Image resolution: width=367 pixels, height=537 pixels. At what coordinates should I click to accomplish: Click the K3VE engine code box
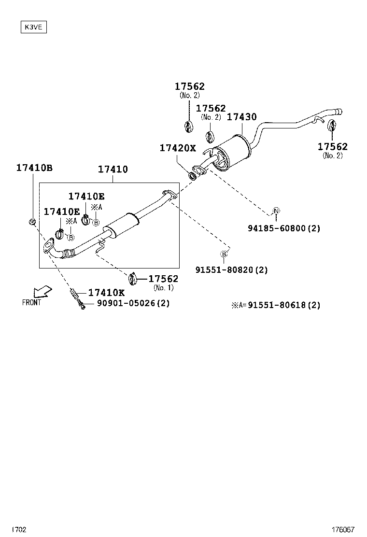point(33,27)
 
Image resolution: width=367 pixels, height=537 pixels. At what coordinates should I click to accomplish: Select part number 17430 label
point(241,117)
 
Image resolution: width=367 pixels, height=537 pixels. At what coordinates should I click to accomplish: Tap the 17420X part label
point(178,148)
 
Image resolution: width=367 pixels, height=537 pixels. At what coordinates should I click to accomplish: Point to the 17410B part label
point(34,168)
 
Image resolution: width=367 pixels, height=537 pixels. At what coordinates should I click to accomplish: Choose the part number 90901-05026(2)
point(133,303)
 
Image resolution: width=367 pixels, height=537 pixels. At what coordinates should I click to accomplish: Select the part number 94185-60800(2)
point(284,228)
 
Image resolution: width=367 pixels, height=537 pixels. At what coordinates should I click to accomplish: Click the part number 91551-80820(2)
point(231,270)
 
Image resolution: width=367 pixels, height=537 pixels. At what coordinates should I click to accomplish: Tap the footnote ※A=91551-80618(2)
point(275,305)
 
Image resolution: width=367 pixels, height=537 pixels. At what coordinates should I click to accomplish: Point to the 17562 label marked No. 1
point(163,279)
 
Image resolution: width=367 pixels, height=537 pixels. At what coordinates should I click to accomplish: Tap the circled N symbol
point(276,210)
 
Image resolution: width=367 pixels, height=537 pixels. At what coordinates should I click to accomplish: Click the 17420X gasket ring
point(192,174)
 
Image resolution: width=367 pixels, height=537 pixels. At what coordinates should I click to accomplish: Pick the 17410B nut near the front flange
point(32,222)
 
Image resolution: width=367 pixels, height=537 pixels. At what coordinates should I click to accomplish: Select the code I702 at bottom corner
point(19,530)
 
